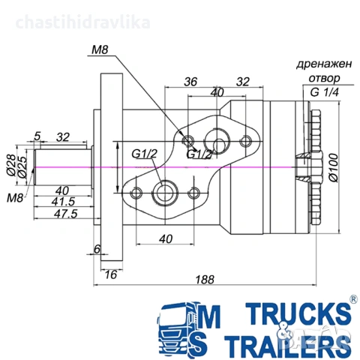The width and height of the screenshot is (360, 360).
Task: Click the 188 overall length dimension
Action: pos(205,280)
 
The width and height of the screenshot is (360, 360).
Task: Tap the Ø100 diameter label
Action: pos(334,168)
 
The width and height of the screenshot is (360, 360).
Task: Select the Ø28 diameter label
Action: pos(10,165)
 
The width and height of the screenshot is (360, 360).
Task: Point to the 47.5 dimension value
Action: pos(66,214)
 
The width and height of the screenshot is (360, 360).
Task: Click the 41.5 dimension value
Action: pos(64,202)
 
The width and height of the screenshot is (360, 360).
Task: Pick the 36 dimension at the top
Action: pos(190,82)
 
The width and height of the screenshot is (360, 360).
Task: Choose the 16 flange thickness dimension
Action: pos(110,274)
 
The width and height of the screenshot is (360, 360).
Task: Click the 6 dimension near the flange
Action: pos(97,249)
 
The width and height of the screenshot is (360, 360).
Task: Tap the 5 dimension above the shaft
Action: pos(37,136)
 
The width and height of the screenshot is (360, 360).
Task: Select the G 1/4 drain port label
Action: pos(325,92)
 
